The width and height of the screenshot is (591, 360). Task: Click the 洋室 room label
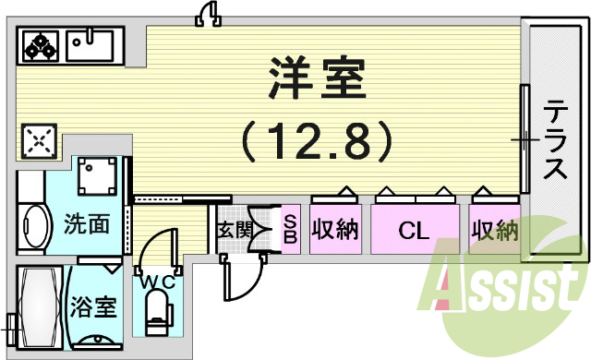coord(316,81)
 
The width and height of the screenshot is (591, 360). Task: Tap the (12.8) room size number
coord(318,141)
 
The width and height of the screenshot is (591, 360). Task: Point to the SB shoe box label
coord(289,228)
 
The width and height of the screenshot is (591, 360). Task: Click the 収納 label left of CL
coord(334,228)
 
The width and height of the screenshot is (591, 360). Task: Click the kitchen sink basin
coord(90,43)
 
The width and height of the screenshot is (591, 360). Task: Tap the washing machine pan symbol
coord(99,175)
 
